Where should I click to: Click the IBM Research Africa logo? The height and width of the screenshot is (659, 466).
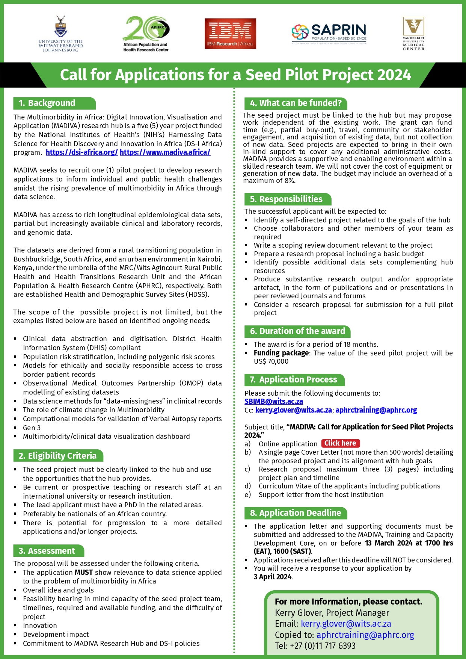coord(230,34)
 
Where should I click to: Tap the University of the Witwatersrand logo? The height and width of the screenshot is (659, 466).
coord(60,34)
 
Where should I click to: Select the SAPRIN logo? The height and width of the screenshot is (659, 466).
coord(329,33)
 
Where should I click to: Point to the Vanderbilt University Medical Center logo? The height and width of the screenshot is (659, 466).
coord(413,33)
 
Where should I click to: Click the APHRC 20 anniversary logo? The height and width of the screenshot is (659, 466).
coord(146,33)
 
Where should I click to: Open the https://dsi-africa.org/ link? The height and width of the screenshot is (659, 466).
coord(82,153)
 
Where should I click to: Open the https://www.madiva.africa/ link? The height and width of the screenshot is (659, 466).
coord(165,153)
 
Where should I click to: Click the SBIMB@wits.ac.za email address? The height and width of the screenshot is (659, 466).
coord(274,402)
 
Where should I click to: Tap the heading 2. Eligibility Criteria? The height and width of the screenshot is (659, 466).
coord(57,456)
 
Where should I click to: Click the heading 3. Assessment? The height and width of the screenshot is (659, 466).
coord(47,551)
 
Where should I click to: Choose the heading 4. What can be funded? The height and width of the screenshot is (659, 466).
coord(296,103)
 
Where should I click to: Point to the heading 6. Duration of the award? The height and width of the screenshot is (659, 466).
coord(297,331)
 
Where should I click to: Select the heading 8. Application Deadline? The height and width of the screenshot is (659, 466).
coord(296,513)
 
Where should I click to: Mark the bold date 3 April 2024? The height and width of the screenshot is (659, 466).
coord(273,577)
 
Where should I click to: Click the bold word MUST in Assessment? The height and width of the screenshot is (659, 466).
coord(83,573)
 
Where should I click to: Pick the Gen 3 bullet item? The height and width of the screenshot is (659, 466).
coord(32,428)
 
